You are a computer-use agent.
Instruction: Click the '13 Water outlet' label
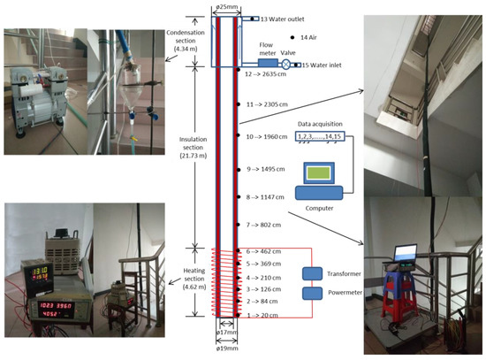coord(276,18)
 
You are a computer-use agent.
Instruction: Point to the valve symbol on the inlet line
coord(288,65)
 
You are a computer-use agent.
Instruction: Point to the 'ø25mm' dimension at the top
coord(224,8)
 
